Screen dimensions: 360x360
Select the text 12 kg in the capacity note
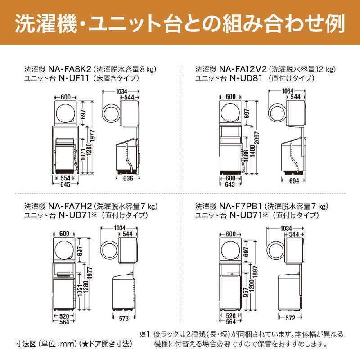[x=325, y=70]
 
